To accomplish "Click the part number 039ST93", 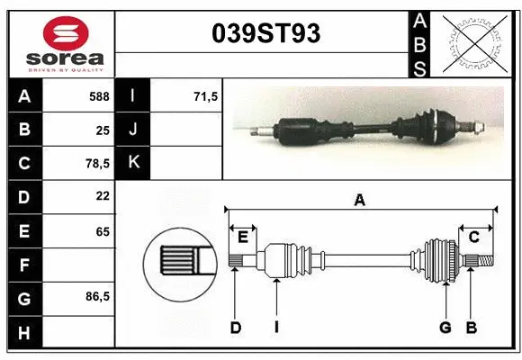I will pos(265,34).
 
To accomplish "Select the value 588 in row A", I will pos(99,94).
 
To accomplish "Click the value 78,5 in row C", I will pos(97,164).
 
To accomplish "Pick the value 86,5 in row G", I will pos(97,296).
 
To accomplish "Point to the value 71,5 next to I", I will pos(206,94).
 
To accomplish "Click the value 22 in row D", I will pos(102,195).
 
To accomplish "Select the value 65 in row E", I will pos(102,231).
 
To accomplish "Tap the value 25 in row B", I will pos(102,130).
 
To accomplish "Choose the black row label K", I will pos(133,162).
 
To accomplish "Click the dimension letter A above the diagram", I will pos(359,201).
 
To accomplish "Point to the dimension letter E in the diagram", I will pos(242,237).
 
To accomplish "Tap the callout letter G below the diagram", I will pos(445,328).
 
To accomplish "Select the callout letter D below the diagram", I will pos(235,328).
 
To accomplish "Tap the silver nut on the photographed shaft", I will pos(482,129).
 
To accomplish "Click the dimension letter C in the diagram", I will pos(473,237).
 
